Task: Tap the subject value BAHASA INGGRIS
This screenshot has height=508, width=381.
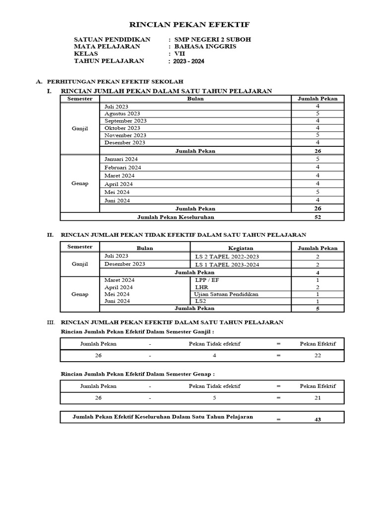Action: pyautogui.click(x=204, y=47)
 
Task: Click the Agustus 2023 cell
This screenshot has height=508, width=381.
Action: pyautogui.click(x=122, y=114)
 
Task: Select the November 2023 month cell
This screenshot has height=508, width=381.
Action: pyautogui.click(x=125, y=135)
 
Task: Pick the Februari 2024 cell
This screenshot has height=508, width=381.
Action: pyautogui.click(x=123, y=168)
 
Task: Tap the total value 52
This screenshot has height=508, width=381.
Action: pyautogui.click(x=317, y=217)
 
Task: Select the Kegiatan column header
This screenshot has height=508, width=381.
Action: pyautogui.click(x=241, y=248)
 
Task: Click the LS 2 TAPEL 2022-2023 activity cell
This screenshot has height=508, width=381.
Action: pyautogui.click(x=227, y=256)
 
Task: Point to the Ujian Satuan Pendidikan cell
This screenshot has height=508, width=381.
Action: pyautogui.click(x=227, y=294)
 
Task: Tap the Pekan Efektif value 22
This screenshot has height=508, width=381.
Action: pyautogui.click(x=317, y=356)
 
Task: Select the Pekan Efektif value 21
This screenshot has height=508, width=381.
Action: pyautogui.click(x=317, y=398)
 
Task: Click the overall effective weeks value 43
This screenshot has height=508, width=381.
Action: pyautogui.click(x=317, y=420)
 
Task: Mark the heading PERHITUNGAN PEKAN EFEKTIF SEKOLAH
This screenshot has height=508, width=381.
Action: pyautogui.click(x=115, y=81)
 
